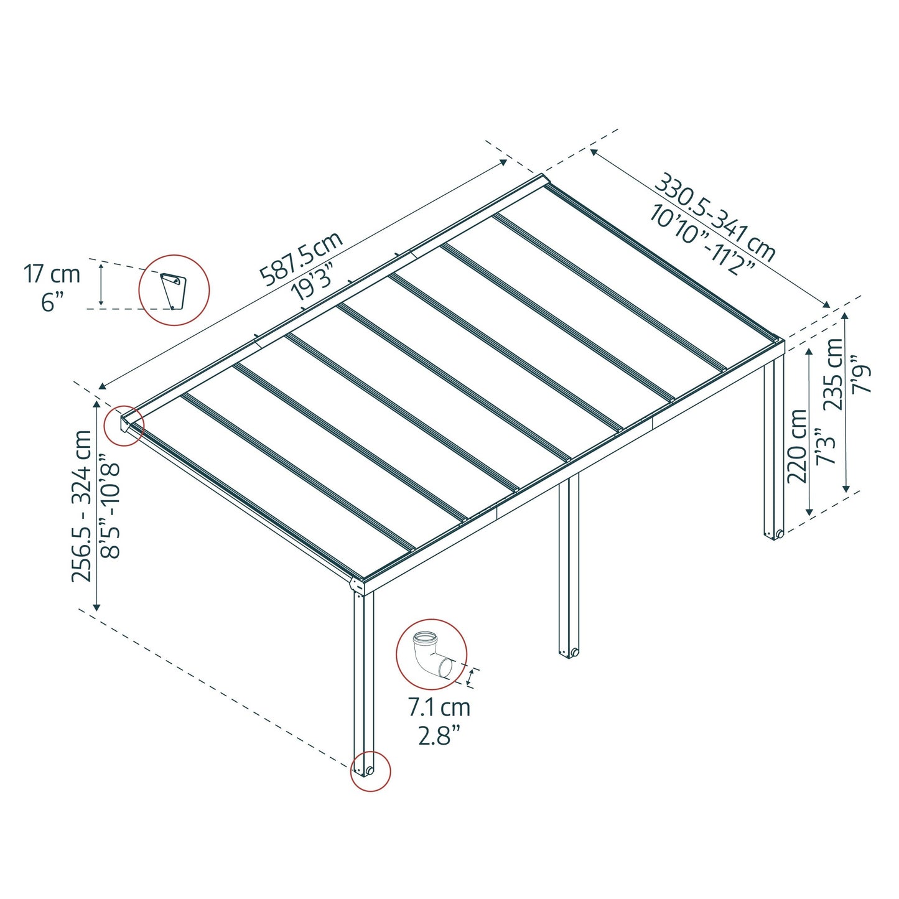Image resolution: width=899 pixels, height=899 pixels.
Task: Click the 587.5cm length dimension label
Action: (301, 259)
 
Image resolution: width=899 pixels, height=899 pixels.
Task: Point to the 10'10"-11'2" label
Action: (702, 240)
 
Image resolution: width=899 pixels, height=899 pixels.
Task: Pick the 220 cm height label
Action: (797, 446)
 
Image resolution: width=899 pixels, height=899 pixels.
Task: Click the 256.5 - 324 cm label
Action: (82, 506)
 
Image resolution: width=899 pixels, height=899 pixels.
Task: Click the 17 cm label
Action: (52, 274)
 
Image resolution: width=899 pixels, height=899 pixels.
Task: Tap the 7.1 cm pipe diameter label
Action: (439, 707)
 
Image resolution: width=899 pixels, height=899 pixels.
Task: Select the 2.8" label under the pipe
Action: (439, 736)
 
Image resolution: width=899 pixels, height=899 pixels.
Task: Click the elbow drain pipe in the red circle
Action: (431, 654)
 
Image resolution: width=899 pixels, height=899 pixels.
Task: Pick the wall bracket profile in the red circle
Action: (173, 290)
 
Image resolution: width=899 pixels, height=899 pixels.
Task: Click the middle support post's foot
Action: (569, 652)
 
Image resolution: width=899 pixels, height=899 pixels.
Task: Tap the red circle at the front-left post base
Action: (370, 771)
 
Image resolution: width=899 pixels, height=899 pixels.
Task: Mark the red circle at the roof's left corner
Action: (124, 426)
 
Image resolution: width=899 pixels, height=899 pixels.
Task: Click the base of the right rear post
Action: (774, 534)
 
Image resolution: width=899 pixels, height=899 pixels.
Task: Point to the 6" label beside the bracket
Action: (52, 302)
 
